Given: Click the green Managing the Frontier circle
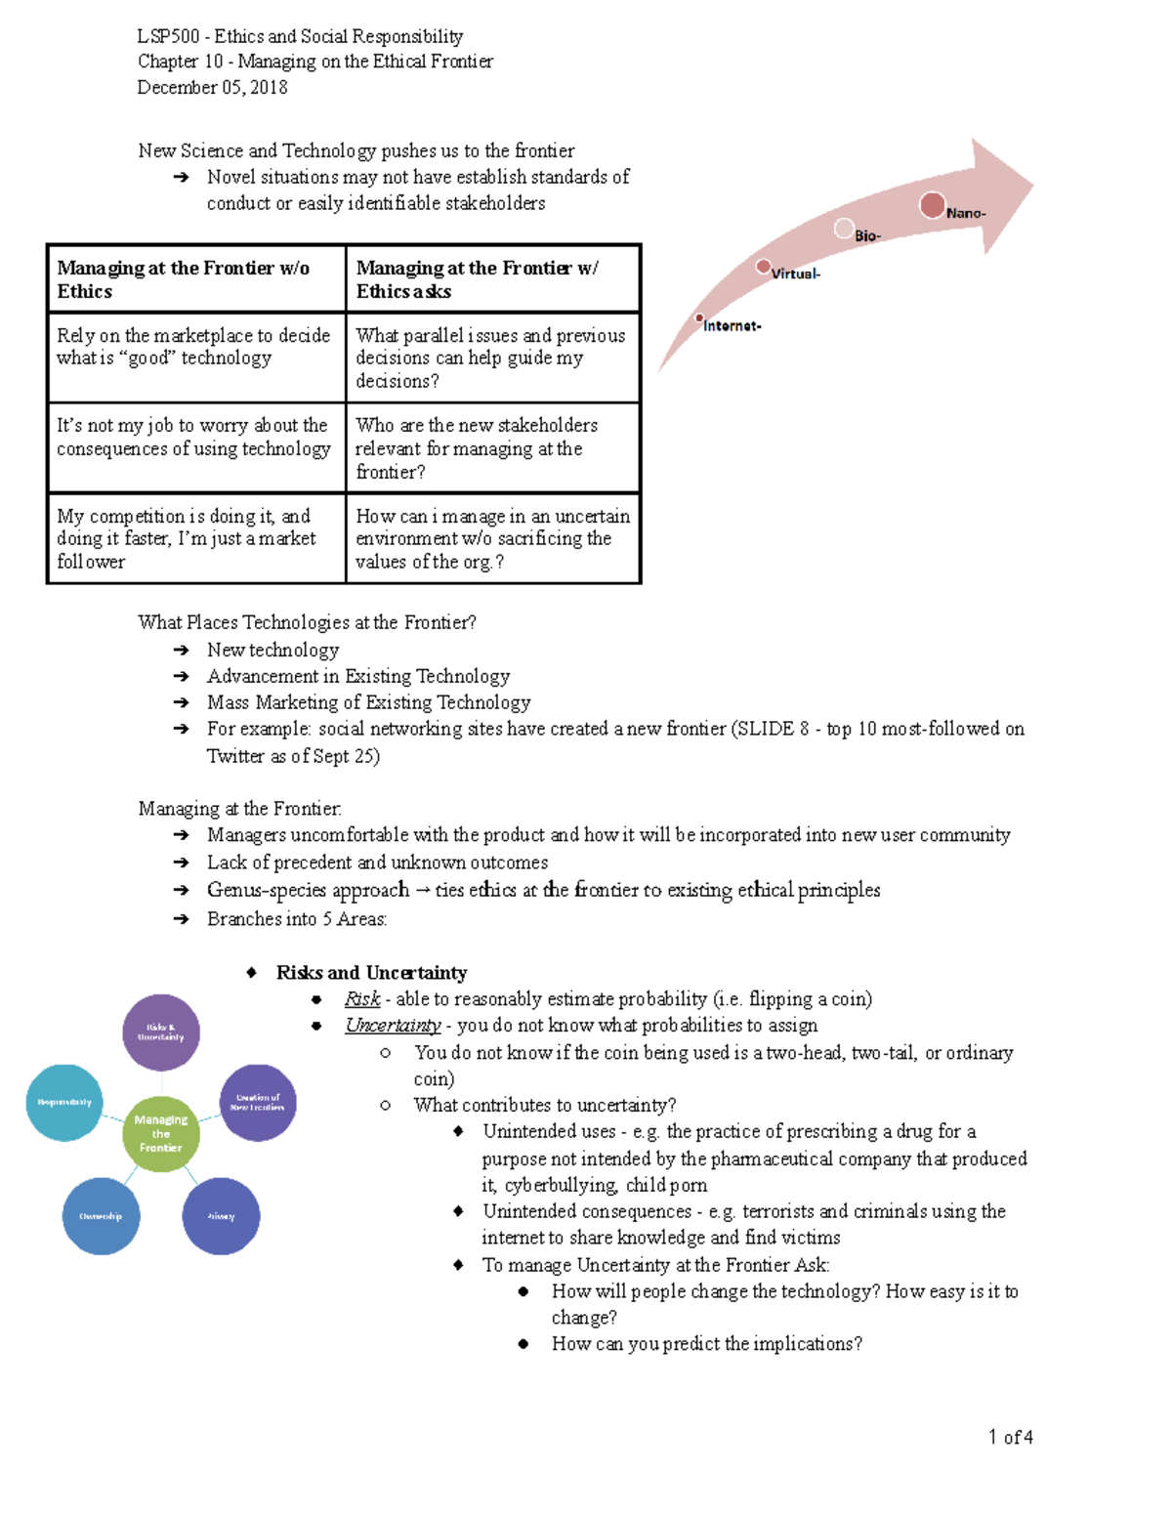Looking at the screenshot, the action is [161, 1133].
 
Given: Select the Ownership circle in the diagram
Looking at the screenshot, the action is [101, 1216].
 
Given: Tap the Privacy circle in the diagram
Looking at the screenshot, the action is [221, 1216].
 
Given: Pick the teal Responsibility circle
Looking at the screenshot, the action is [64, 1102].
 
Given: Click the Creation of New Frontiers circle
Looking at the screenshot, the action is [258, 1102].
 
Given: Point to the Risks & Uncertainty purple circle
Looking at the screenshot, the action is [161, 1032].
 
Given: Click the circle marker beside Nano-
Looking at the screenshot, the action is [933, 205].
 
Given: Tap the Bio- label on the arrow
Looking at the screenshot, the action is [867, 236].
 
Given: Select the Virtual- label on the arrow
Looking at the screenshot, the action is [795, 274].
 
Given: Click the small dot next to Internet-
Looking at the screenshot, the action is [700, 318].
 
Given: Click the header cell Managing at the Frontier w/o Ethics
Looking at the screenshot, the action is [196, 279].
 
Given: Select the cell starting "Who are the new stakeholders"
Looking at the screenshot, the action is [492, 448].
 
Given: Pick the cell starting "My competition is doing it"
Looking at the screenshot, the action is [196, 538].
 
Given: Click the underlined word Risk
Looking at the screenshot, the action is [362, 999].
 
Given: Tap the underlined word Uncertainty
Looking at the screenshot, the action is [393, 1026].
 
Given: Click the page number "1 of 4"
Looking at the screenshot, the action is [1010, 1437].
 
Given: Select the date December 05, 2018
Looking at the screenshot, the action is [212, 87].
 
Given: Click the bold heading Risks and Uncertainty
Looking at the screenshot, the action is [371, 973].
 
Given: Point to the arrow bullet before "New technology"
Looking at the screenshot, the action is [181, 651].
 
